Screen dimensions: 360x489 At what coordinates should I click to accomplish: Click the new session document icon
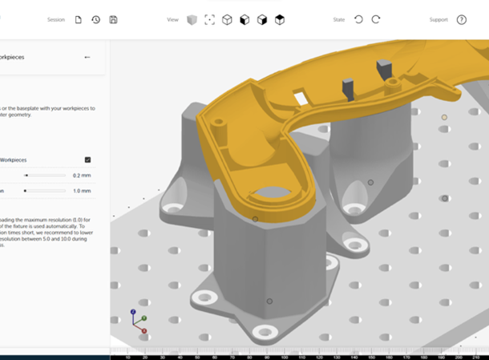click(79, 19)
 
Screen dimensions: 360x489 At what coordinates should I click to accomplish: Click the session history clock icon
click(95, 19)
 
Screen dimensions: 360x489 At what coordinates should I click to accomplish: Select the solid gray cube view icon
click(192, 19)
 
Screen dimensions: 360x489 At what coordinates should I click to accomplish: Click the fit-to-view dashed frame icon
click(209, 19)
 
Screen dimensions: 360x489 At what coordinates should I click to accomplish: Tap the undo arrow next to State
click(358, 19)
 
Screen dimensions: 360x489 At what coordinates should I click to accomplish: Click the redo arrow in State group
click(376, 19)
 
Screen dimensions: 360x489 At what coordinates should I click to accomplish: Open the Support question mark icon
click(462, 19)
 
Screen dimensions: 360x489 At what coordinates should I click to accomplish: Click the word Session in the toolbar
click(56, 19)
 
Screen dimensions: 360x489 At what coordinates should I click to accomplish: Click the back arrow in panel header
click(87, 57)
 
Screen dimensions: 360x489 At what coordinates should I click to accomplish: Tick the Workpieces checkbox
click(87, 160)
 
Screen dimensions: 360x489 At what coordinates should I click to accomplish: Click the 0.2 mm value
click(82, 175)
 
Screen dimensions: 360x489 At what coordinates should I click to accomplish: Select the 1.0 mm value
click(82, 191)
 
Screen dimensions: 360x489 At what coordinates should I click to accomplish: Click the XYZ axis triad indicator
click(137, 322)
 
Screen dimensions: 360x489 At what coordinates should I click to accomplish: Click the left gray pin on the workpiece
click(348, 87)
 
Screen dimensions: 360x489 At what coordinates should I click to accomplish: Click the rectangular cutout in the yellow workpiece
click(301, 98)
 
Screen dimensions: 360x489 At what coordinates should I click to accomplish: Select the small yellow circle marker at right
click(444, 117)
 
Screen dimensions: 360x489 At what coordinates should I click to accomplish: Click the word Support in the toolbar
click(438, 19)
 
